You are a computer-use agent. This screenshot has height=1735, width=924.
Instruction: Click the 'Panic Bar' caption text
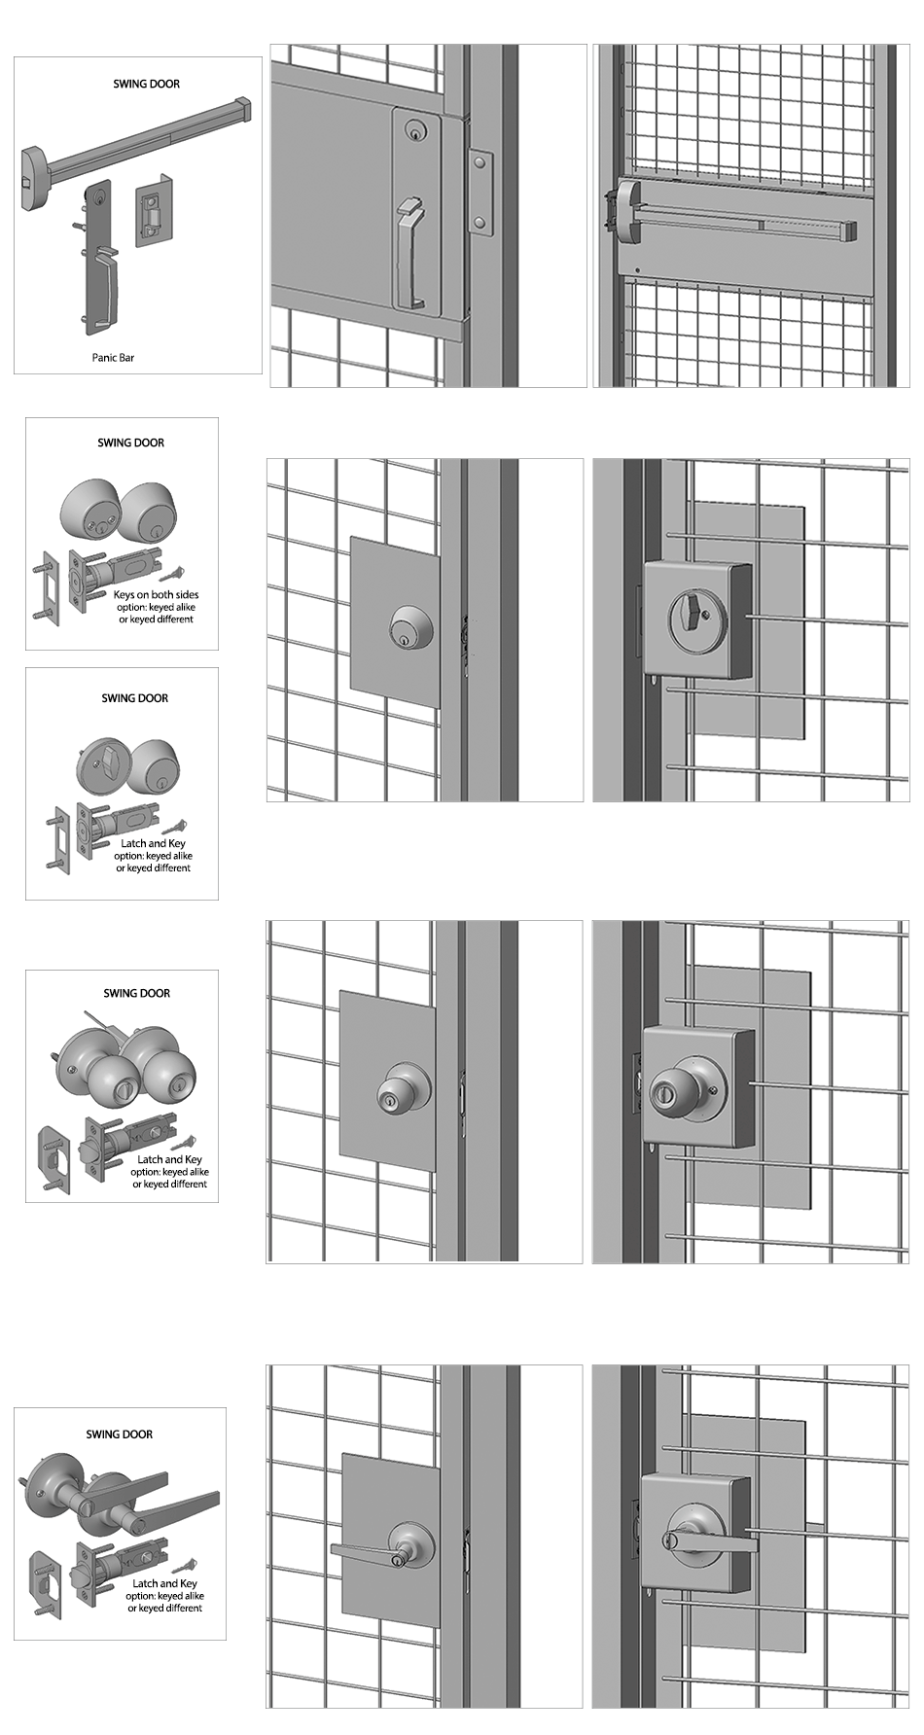[x=113, y=358]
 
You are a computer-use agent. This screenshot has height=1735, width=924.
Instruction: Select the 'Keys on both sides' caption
[x=156, y=594]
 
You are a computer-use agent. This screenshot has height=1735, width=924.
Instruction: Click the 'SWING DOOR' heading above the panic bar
[x=146, y=85]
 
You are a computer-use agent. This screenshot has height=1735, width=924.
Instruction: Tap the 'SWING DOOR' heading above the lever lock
[x=119, y=1434]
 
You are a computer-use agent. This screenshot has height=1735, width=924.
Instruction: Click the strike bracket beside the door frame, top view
[x=479, y=194]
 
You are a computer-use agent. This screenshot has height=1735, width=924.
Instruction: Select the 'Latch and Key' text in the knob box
[x=169, y=1159]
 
